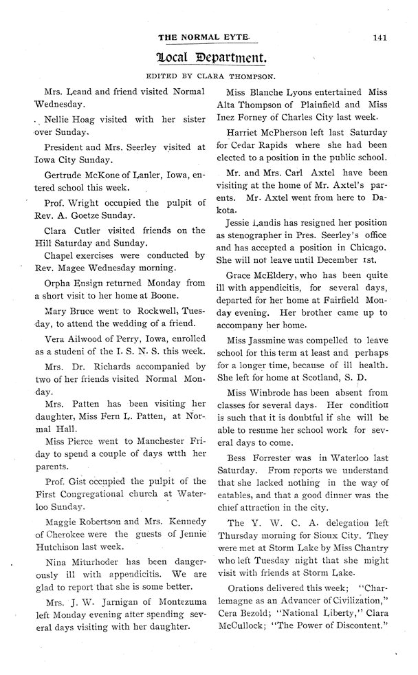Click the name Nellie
tap(58, 118)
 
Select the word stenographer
tap(261, 235)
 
